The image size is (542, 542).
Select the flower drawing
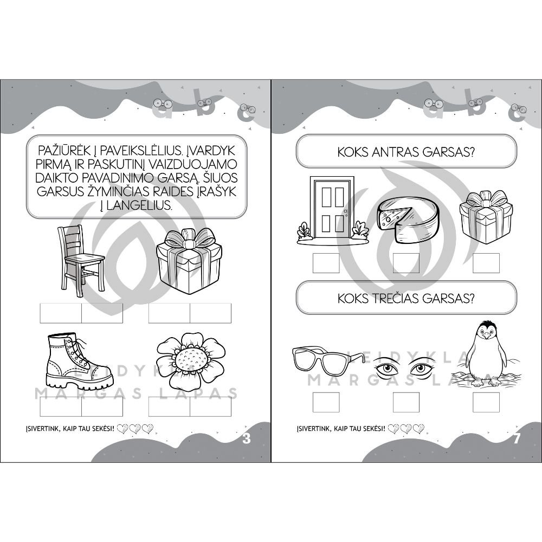[x=190, y=361]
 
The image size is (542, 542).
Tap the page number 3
[x=246, y=438]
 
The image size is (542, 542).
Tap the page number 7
[x=517, y=438]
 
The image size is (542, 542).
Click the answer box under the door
[x=326, y=263]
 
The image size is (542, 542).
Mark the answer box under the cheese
[x=406, y=263]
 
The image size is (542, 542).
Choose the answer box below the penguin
[x=486, y=402]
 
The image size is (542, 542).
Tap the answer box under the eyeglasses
[x=326, y=402]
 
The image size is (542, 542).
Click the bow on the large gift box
[x=189, y=239]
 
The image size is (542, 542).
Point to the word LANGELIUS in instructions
[x=139, y=205]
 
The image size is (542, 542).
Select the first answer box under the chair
[x=61, y=313]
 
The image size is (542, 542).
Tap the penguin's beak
[x=487, y=335]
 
